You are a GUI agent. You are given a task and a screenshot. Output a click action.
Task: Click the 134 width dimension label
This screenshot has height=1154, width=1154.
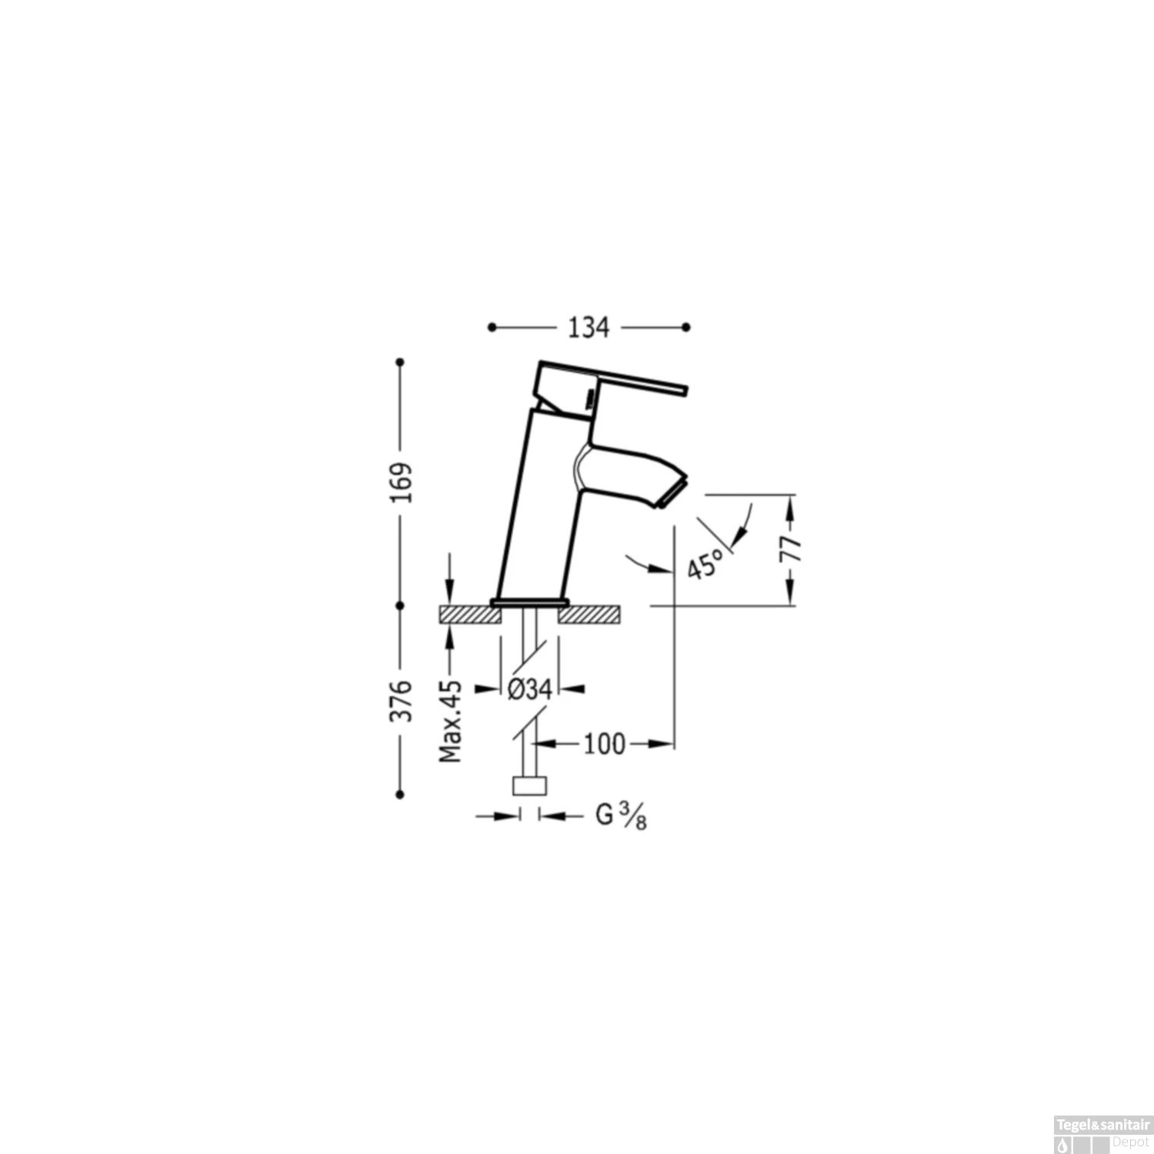pos(589,328)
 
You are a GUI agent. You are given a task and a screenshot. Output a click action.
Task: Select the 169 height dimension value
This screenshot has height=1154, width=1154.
pos(401,482)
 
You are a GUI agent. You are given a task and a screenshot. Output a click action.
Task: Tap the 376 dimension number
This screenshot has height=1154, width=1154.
pos(401,701)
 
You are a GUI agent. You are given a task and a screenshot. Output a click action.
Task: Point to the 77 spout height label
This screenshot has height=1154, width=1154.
pos(792,549)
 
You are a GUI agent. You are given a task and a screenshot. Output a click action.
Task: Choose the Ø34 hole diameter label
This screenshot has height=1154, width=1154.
pos(529,689)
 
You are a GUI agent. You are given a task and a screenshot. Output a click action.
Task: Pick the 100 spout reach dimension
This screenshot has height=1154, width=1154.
pos(605,744)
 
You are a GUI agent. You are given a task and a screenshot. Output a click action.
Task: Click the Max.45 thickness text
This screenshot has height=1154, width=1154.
pos(450,722)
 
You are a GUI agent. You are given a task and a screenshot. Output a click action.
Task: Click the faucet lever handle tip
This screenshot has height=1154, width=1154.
pos(682,391)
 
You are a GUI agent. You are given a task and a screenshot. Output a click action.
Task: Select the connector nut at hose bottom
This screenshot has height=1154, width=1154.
pos(529,785)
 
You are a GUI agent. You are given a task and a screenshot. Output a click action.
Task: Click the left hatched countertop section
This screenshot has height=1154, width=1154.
pos(469,614)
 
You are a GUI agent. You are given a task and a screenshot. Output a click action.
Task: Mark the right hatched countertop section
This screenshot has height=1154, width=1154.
pos(589,614)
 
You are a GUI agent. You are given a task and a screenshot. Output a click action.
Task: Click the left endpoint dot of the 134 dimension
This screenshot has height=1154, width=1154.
pos(492,328)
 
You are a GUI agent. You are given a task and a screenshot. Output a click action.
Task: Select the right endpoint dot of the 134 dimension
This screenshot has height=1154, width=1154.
pos(686,328)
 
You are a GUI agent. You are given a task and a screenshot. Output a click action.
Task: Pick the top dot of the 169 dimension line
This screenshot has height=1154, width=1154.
pos(400,362)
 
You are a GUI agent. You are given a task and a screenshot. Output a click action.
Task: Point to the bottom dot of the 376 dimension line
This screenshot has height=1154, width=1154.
pos(400,794)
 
